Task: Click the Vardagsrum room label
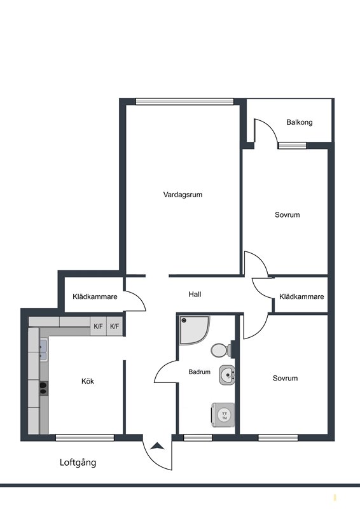(x=183, y=195)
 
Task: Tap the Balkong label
(x=300, y=122)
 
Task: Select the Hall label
(x=195, y=294)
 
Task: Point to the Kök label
(x=88, y=381)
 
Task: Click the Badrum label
(x=199, y=372)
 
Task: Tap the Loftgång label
(x=78, y=463)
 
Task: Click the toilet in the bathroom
(x=221, y=350)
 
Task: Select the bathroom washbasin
(x=227, y=375)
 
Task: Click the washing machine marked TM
(x=223, y=415)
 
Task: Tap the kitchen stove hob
(x=43, y=388)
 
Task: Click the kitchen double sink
(x=43, y=349)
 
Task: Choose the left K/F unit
(x=98, y=326)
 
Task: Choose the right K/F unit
(x=114, y=326)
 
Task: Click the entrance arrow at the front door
(x=158, y=446)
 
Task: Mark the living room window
(x=184, y=102)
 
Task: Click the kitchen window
(x=85, y=438)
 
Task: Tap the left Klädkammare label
(x=95, y=296)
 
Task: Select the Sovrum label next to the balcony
(x=287, y=214)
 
